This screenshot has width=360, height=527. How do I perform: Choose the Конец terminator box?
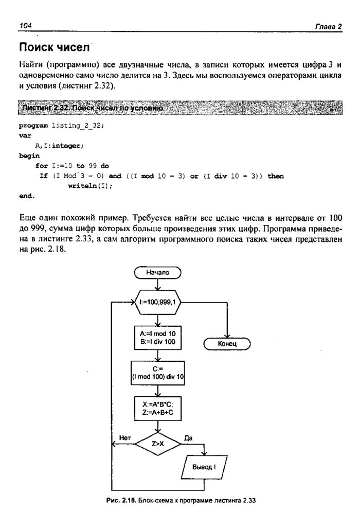pyautogui.click(x=227, y=343)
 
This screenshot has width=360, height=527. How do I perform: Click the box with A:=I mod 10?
pyautogui.click(x=157, y=337)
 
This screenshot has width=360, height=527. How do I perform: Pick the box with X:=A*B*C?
pyautogui.click(x=157, y=407)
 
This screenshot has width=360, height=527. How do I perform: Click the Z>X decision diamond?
pyautogui.click(x=157, y=442)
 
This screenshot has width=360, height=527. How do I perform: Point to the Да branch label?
pyautogui.click(x=188, y=437)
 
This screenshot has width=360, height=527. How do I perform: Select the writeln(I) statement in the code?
pyautogui.click(x=89, y=186)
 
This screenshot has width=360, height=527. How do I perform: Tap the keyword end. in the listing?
pyautogui.click(x=27, y=196)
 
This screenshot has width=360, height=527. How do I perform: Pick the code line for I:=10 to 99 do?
pyautogui.click(x=72, y=166)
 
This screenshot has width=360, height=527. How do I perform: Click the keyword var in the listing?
pyautogui.click(x=25, y=135)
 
